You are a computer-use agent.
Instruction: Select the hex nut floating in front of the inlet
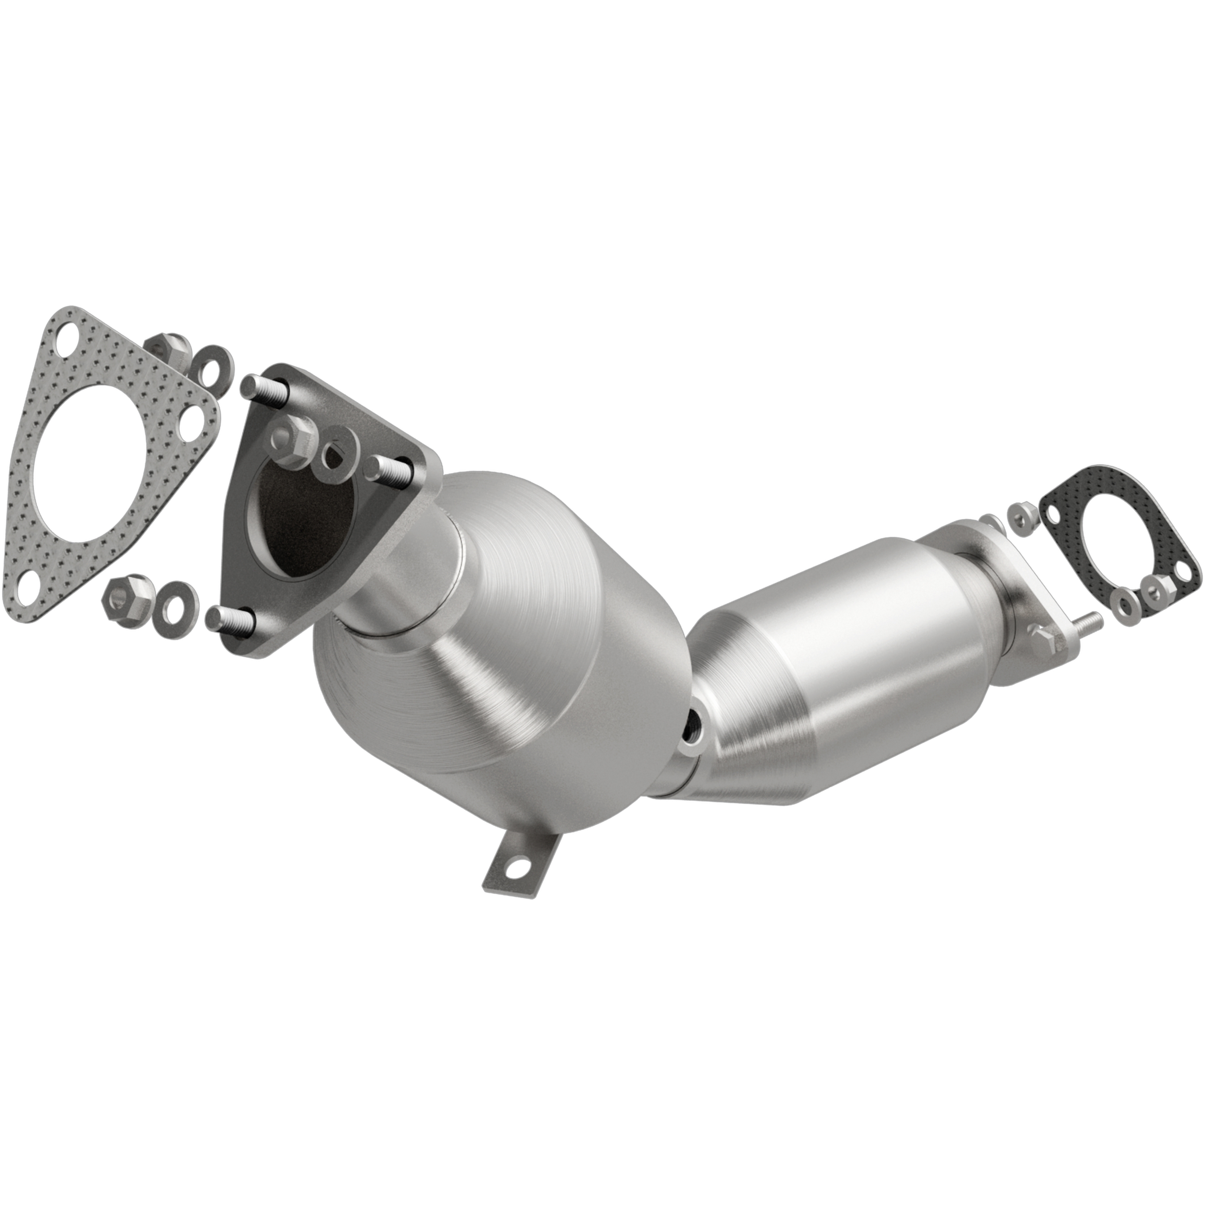coord(293,441)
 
